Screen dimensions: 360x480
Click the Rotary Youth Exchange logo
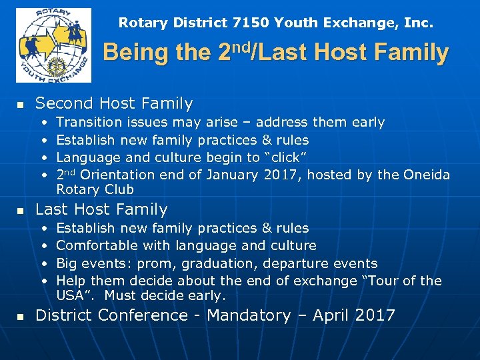pos(53,45)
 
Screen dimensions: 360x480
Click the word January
pos(233,175)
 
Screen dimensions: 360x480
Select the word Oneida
pos(427,175)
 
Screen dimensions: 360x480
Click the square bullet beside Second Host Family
pos(20,105)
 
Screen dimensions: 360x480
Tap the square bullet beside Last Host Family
pos(20,211)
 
